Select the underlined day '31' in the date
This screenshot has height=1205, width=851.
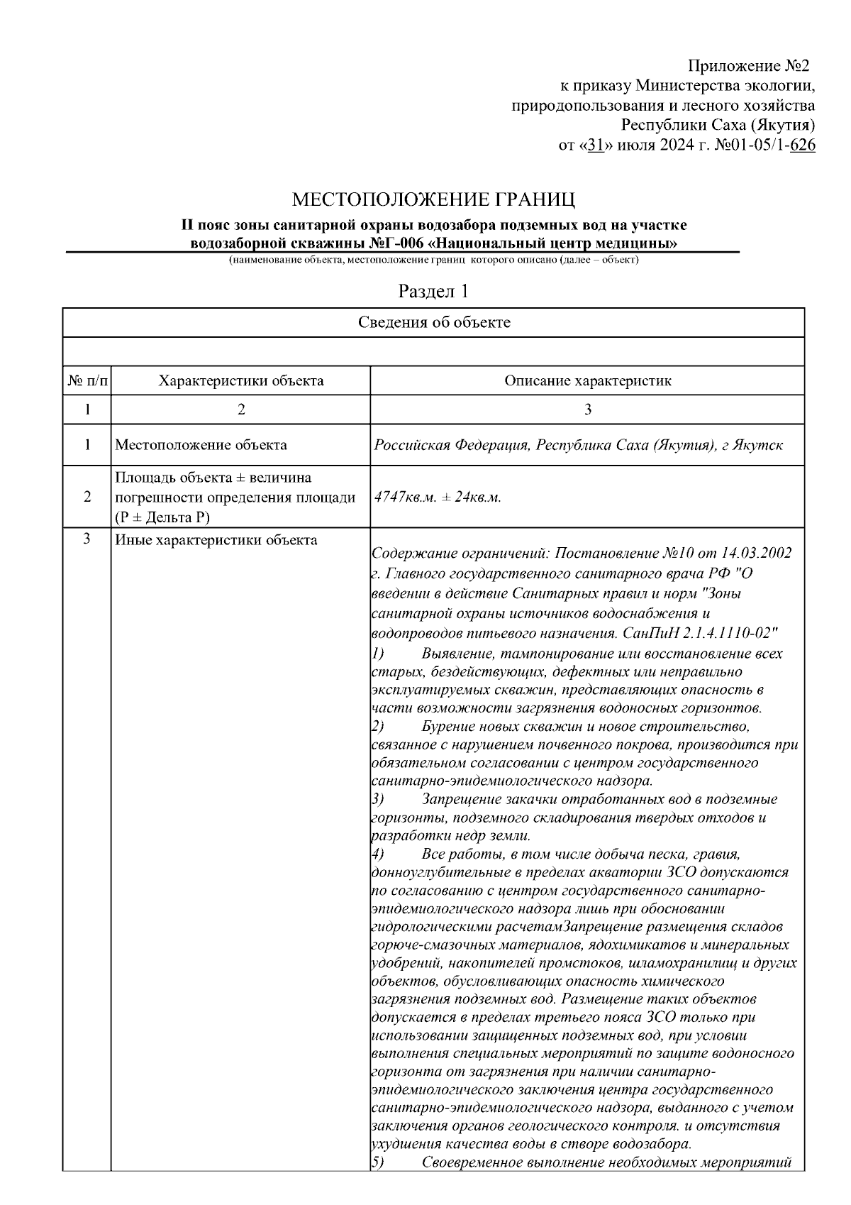pyautogui.click(x=596, y=146)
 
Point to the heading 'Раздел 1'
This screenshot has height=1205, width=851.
pyautogui.click(x=433, y=291)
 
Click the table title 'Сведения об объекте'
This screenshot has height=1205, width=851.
pyautogui.click(x=433, y=323)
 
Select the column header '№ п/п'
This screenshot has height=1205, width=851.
pyautogui.click(x=87, y=381)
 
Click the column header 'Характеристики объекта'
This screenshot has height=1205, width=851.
pyautogui.click(x=240, y=381)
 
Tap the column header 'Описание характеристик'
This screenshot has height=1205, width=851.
pyautogui.click(x=587, y=381)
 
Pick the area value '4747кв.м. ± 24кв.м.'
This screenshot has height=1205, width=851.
pyautogui.click(x=438, y=497)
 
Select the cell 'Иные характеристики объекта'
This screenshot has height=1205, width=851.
pyautogui.click(x=216, y=541)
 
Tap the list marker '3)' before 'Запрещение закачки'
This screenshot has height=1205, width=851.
pyautogui.click(x=377, y=800)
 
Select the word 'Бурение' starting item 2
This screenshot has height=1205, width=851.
pyautogui.click(x=447, y=727)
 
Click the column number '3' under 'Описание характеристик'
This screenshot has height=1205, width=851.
pyautogui.click(x=587, y=409)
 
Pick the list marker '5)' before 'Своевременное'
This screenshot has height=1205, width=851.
pyautogui.click(x=377, y=1162)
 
